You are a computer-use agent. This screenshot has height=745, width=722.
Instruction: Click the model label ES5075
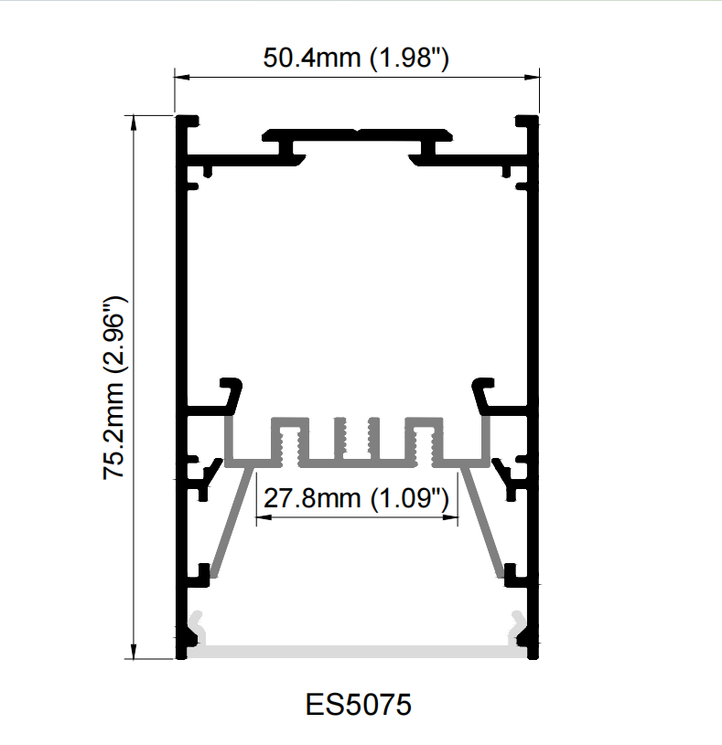click(x=358, y=704)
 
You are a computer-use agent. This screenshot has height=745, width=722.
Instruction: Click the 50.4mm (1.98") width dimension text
click(x=356, y=58)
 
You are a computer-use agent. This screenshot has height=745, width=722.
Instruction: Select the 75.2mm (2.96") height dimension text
click(x=114, y=388)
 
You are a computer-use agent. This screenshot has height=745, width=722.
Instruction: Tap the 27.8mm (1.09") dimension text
click(x=356, y=498)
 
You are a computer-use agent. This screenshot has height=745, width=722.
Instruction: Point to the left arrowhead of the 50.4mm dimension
click(x=182, y=77)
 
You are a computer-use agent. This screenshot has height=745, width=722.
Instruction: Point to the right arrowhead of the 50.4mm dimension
click(x=532, y=77)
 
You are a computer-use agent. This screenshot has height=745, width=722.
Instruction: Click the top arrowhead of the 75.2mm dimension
click(x=134, y=122)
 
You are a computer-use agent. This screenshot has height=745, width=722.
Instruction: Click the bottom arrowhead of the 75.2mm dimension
click(x=134, y=652)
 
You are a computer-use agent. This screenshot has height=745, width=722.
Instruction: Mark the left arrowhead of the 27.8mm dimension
click(x=264, y=517)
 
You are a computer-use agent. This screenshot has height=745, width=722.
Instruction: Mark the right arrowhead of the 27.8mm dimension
click(x=450, y=517)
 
